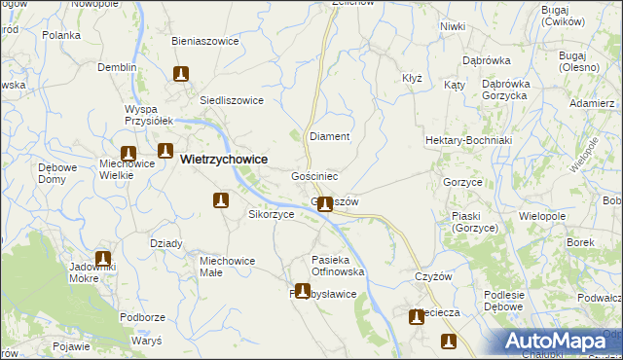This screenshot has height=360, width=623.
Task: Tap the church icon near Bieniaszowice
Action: pos(180,73)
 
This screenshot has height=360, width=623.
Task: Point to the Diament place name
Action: pos(329,137)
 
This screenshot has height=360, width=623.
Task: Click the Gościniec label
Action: pos(314,177)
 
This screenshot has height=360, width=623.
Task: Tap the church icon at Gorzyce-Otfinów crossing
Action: pos(325,204)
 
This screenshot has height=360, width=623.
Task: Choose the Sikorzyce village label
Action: pos(272,214)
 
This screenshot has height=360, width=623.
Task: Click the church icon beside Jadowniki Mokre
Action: pos(102,260)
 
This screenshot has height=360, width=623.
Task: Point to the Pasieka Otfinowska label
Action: pos(338,266)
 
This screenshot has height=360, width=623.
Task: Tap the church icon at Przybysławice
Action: pos(303,290)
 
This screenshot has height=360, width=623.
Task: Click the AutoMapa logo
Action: pos(558,342)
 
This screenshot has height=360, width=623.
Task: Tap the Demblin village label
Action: pos(117,68)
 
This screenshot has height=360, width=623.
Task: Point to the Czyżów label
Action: pos(434,276)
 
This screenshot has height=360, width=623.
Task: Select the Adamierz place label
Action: pos(592,103)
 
